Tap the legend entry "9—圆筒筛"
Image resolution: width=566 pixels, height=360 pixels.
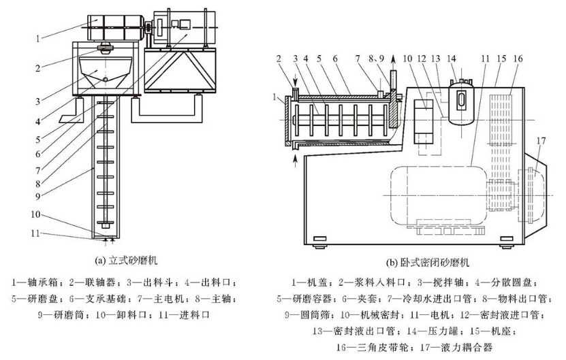(307, 314)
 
